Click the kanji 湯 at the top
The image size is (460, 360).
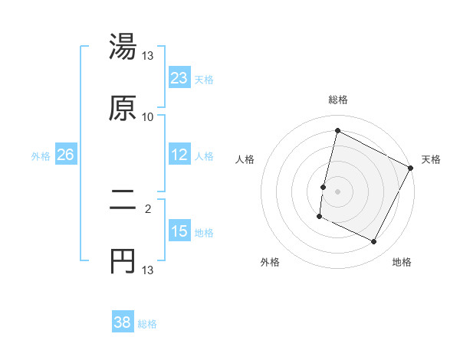(123, 47)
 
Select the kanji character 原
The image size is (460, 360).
(123, 108)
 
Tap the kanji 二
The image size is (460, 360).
(123, 201)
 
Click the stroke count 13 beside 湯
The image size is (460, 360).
(148, 56)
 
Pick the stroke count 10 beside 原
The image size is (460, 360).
(148, 117)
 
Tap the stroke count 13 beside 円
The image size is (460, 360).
(148, 270)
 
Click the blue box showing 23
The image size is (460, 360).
(179, 77)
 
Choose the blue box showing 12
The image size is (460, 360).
(179, 155)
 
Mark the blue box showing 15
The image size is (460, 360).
(179, 231)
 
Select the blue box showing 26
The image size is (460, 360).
(65, 155)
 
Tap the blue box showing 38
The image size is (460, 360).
(123, 322)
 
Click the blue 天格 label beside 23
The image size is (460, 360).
(204, 79)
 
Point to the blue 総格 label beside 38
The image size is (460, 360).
(147, 324)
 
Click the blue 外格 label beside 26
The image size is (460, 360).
(41, 155)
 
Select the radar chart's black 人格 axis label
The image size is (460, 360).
(245, 159)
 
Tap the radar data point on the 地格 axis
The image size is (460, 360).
(374, 242)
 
